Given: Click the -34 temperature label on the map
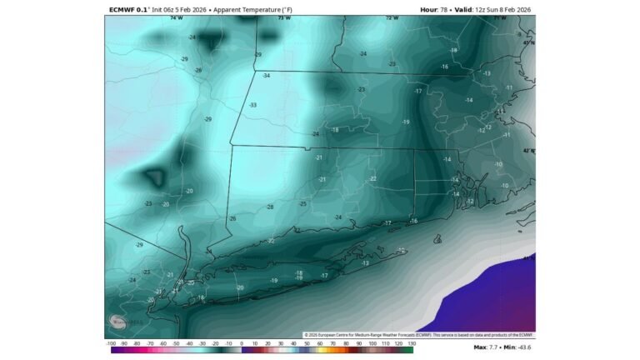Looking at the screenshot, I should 267,76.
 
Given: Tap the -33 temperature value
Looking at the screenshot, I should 252,105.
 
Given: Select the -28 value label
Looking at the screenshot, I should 269,207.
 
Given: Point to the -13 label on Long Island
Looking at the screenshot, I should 365,262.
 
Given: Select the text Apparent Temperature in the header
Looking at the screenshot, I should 247,9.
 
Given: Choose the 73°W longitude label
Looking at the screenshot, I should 283,17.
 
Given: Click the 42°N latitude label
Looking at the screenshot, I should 528,151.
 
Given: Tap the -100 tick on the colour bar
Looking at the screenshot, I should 111,342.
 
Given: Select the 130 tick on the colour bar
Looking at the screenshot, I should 412,342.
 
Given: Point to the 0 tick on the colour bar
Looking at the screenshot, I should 242,342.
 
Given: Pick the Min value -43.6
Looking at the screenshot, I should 523,347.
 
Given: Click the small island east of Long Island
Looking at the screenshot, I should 437,239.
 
